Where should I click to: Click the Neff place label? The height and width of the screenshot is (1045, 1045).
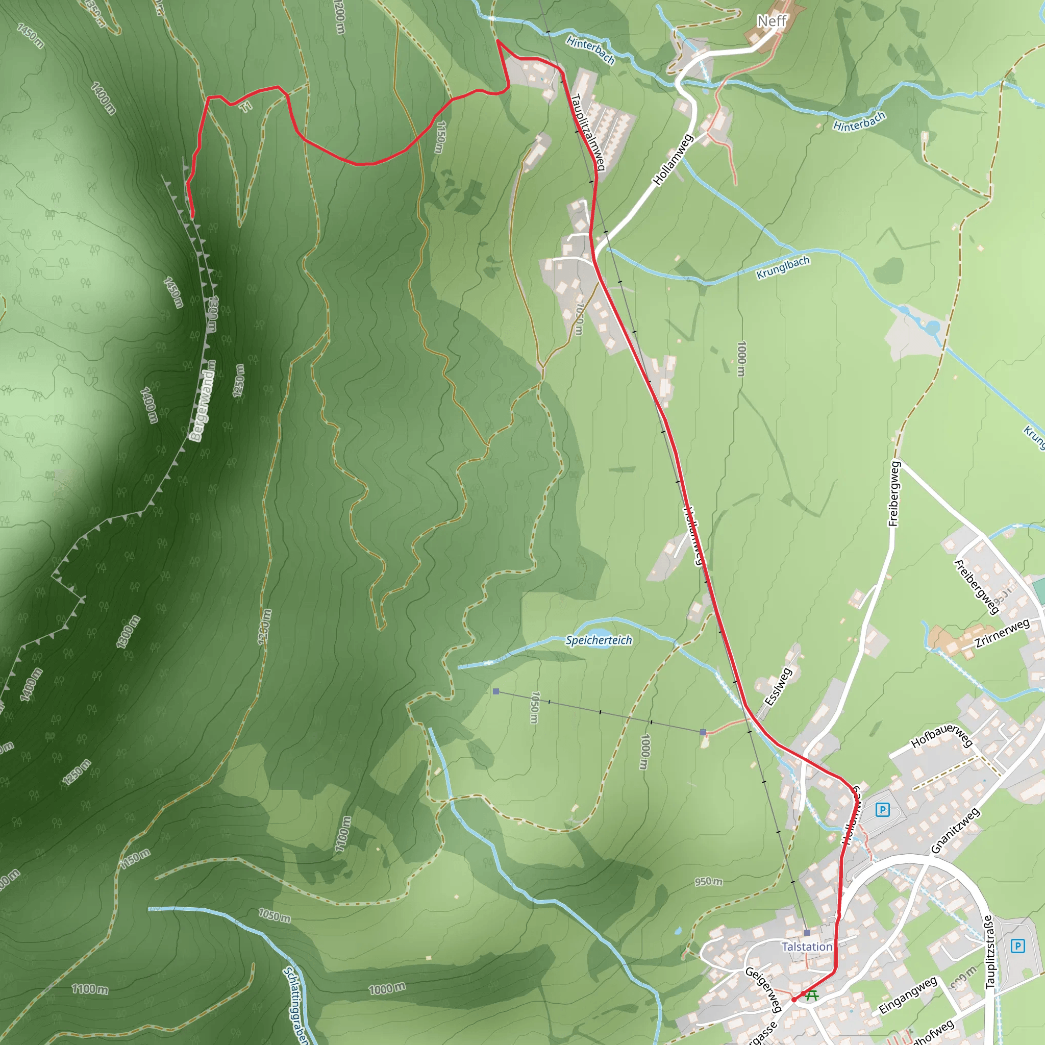click(x=772, y=21)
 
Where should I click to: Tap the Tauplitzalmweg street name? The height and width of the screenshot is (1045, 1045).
click(x=587, y=132)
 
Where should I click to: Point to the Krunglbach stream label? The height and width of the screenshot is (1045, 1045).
click(x=783, y=268)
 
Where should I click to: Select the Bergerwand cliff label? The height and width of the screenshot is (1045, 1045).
click(x=202, y=405)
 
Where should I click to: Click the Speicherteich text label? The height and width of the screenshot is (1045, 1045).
click(x=599, y=640)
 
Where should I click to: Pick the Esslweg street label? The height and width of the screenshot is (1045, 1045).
click(x=778, y=687)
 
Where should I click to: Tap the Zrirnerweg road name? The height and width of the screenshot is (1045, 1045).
click(x=1002, y=633)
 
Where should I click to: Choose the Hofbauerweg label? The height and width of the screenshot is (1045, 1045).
click(x=942, y=736)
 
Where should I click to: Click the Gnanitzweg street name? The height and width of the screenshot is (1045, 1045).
click(x=955, y=831)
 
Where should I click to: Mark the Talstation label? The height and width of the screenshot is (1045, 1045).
click(x=807, y=947)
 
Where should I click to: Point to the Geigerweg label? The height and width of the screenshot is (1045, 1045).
click(x=763, y=989)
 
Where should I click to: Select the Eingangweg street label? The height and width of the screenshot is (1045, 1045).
click(x=908, y=996)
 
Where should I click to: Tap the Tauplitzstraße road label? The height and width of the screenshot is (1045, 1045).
click(x=989, y=952)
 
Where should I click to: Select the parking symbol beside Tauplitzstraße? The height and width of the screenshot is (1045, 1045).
click(x=1017, y=946)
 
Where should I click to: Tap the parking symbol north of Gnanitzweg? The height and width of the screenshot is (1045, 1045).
click(x=882, y=810)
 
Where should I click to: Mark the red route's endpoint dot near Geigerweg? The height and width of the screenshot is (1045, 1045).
click(x=793, y=1000)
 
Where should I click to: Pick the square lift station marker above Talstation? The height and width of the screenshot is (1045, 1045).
click(x=807, y=933)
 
